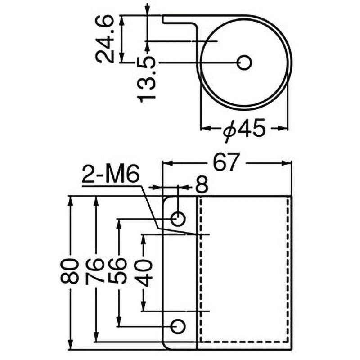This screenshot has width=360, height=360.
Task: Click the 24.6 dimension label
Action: pos(105,38)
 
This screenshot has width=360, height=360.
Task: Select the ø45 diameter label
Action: pos(243,130)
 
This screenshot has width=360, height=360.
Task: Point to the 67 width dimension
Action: pos(225,163)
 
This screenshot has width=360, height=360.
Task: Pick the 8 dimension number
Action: pos(202,184)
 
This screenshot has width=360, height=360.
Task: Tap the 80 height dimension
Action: pos(70,270)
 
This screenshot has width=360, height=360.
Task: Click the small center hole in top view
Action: pos(244,63)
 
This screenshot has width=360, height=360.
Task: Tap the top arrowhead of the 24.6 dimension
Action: pos(122,19)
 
